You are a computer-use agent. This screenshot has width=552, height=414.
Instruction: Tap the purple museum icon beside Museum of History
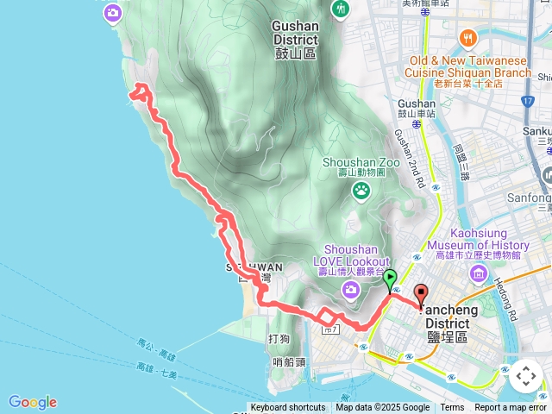pos(479,273)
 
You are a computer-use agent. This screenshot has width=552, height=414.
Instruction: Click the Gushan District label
pos(294,39)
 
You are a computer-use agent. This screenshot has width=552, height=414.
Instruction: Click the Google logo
pos(33,402)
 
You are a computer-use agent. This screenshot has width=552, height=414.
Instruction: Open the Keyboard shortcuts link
pos(288,408)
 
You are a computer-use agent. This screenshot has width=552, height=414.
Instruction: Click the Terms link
pos(452,408)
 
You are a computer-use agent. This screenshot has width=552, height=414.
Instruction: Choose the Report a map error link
pos(511,408)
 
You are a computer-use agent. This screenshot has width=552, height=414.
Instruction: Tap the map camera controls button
pos(525,376)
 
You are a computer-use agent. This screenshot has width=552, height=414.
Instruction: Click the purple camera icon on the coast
pos(113,13)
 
